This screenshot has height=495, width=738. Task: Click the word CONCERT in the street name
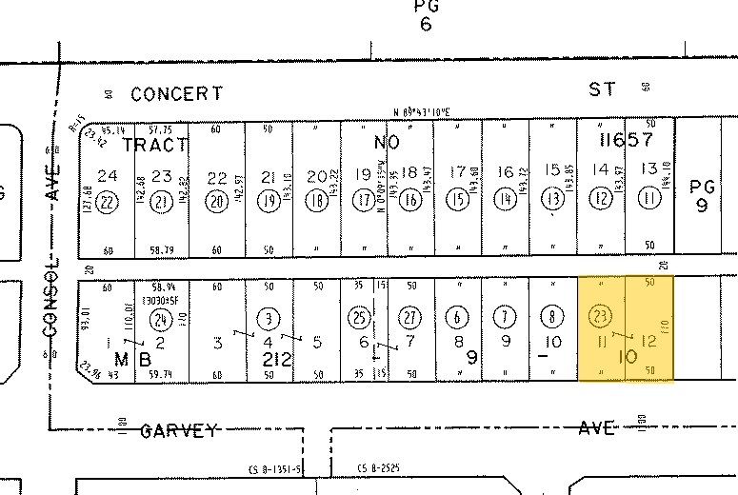tap(177, 93)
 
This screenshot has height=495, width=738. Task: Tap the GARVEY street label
tap(179, 430)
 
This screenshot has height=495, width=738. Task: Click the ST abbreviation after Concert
tap(602, 89)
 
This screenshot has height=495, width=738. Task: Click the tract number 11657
tap(625, 140)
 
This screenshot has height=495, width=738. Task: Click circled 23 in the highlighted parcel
tap(602, 316)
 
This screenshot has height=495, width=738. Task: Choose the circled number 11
tap(650, 200)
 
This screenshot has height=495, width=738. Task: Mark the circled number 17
tap(364, 200)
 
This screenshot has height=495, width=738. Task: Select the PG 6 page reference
tap(425, 16)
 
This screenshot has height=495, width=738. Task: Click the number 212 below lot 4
tap(272, 360)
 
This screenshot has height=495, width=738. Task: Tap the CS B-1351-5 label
tap(276, 468)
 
